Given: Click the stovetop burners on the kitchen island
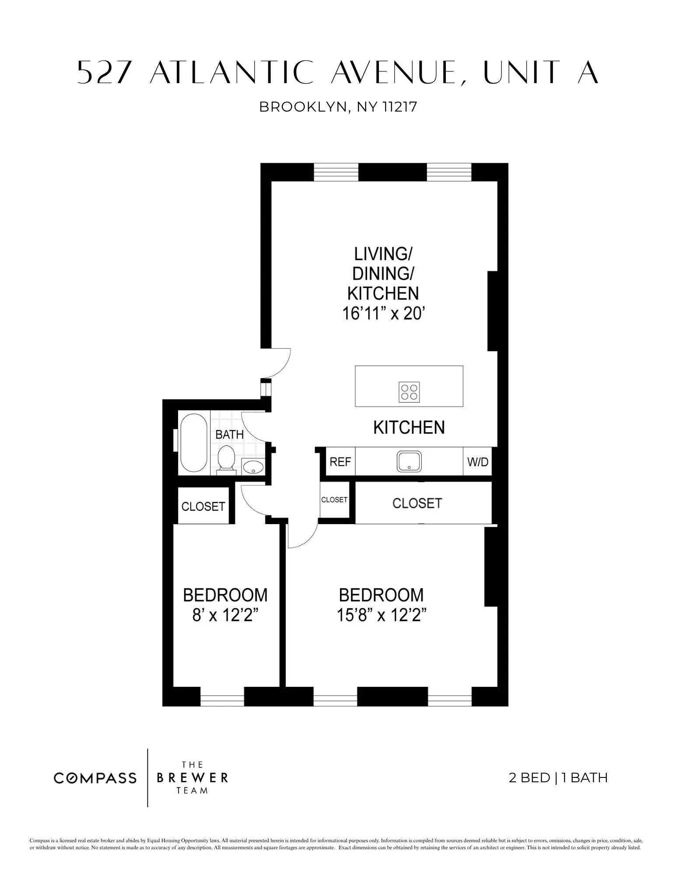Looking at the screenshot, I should point(409,392).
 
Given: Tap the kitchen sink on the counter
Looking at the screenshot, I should point(409,461).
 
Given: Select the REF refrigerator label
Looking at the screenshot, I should point(340,462).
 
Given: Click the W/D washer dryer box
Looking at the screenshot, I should point(477,462).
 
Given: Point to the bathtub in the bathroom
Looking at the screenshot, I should point(193,443).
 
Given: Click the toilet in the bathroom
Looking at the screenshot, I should point(226,458).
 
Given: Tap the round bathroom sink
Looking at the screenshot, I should point(253,466).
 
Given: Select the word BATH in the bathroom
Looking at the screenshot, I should point(229,434).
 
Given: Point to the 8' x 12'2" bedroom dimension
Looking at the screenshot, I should point(224,615).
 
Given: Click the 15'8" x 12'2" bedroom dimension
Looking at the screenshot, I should point(381,615).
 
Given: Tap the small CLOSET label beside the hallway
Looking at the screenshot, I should point(334,500).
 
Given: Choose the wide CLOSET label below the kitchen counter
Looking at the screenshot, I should point(417,503).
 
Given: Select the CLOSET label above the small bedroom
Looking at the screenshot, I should point(203,506).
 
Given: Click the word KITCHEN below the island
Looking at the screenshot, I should point(409,427).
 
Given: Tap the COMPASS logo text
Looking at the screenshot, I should point(95,778).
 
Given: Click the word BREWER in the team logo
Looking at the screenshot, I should point(192,777).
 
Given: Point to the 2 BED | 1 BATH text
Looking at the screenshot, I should point(558,777).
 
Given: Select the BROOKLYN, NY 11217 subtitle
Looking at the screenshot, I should point(338,107).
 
